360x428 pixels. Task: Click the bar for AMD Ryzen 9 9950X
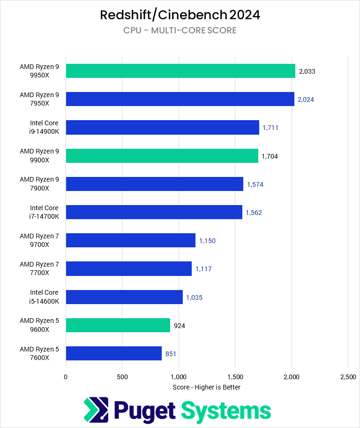180,71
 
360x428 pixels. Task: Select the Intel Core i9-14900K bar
162,127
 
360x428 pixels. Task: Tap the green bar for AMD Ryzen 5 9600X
118,325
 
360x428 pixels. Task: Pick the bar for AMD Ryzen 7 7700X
128,268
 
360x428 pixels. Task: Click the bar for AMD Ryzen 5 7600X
113,353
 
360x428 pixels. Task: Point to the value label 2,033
307,71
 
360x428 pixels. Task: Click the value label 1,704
270,156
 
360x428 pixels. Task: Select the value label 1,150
207,241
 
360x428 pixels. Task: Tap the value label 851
171,354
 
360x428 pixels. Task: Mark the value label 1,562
254,213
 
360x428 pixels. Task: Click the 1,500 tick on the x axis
235,376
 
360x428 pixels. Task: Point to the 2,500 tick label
347,376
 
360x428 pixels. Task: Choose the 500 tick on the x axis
122,376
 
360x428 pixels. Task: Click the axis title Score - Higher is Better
206,387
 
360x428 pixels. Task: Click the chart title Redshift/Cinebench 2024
180,15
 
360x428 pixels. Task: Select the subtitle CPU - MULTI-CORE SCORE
180,31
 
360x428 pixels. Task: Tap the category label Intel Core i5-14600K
44,297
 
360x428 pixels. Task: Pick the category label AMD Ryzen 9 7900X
39,183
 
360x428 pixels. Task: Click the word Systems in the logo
226,411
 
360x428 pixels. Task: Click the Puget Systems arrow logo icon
96,410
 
